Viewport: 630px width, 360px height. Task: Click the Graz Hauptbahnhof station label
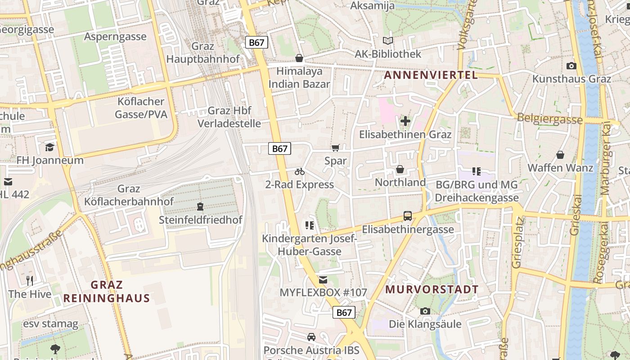pos(203,53)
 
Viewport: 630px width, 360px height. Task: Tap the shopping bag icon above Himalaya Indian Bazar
pos(299,58)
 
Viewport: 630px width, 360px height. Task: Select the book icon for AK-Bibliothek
pos(388,40)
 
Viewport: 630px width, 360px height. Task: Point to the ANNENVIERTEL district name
pos(431,75)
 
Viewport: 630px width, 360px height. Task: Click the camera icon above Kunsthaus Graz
pos(571,66)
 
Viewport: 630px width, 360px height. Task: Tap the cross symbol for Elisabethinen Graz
pos(405,121)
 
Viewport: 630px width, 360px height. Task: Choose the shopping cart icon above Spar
pos(335,148)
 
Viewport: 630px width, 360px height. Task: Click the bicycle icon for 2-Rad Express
pos(300,171)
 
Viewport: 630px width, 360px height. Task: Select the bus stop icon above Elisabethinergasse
pos(408,216)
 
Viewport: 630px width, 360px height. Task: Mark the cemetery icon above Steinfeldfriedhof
pos(200,207)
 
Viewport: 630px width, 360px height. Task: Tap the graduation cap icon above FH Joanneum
pos(49,147)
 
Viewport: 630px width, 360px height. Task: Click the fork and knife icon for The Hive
pos(30,281)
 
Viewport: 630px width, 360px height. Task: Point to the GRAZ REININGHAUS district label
pos(107,291)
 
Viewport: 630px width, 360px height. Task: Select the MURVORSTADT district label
pos(432,289)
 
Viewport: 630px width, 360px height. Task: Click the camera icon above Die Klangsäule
pos(425,311)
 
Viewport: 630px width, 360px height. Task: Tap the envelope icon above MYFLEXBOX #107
pos(323,280)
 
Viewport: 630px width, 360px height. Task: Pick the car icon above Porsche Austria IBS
pos(311,337)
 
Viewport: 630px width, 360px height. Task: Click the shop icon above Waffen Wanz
pos(560,155)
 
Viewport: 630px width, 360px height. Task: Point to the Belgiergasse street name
pos(549,119)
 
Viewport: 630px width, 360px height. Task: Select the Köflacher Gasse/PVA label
pos(141,108)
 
